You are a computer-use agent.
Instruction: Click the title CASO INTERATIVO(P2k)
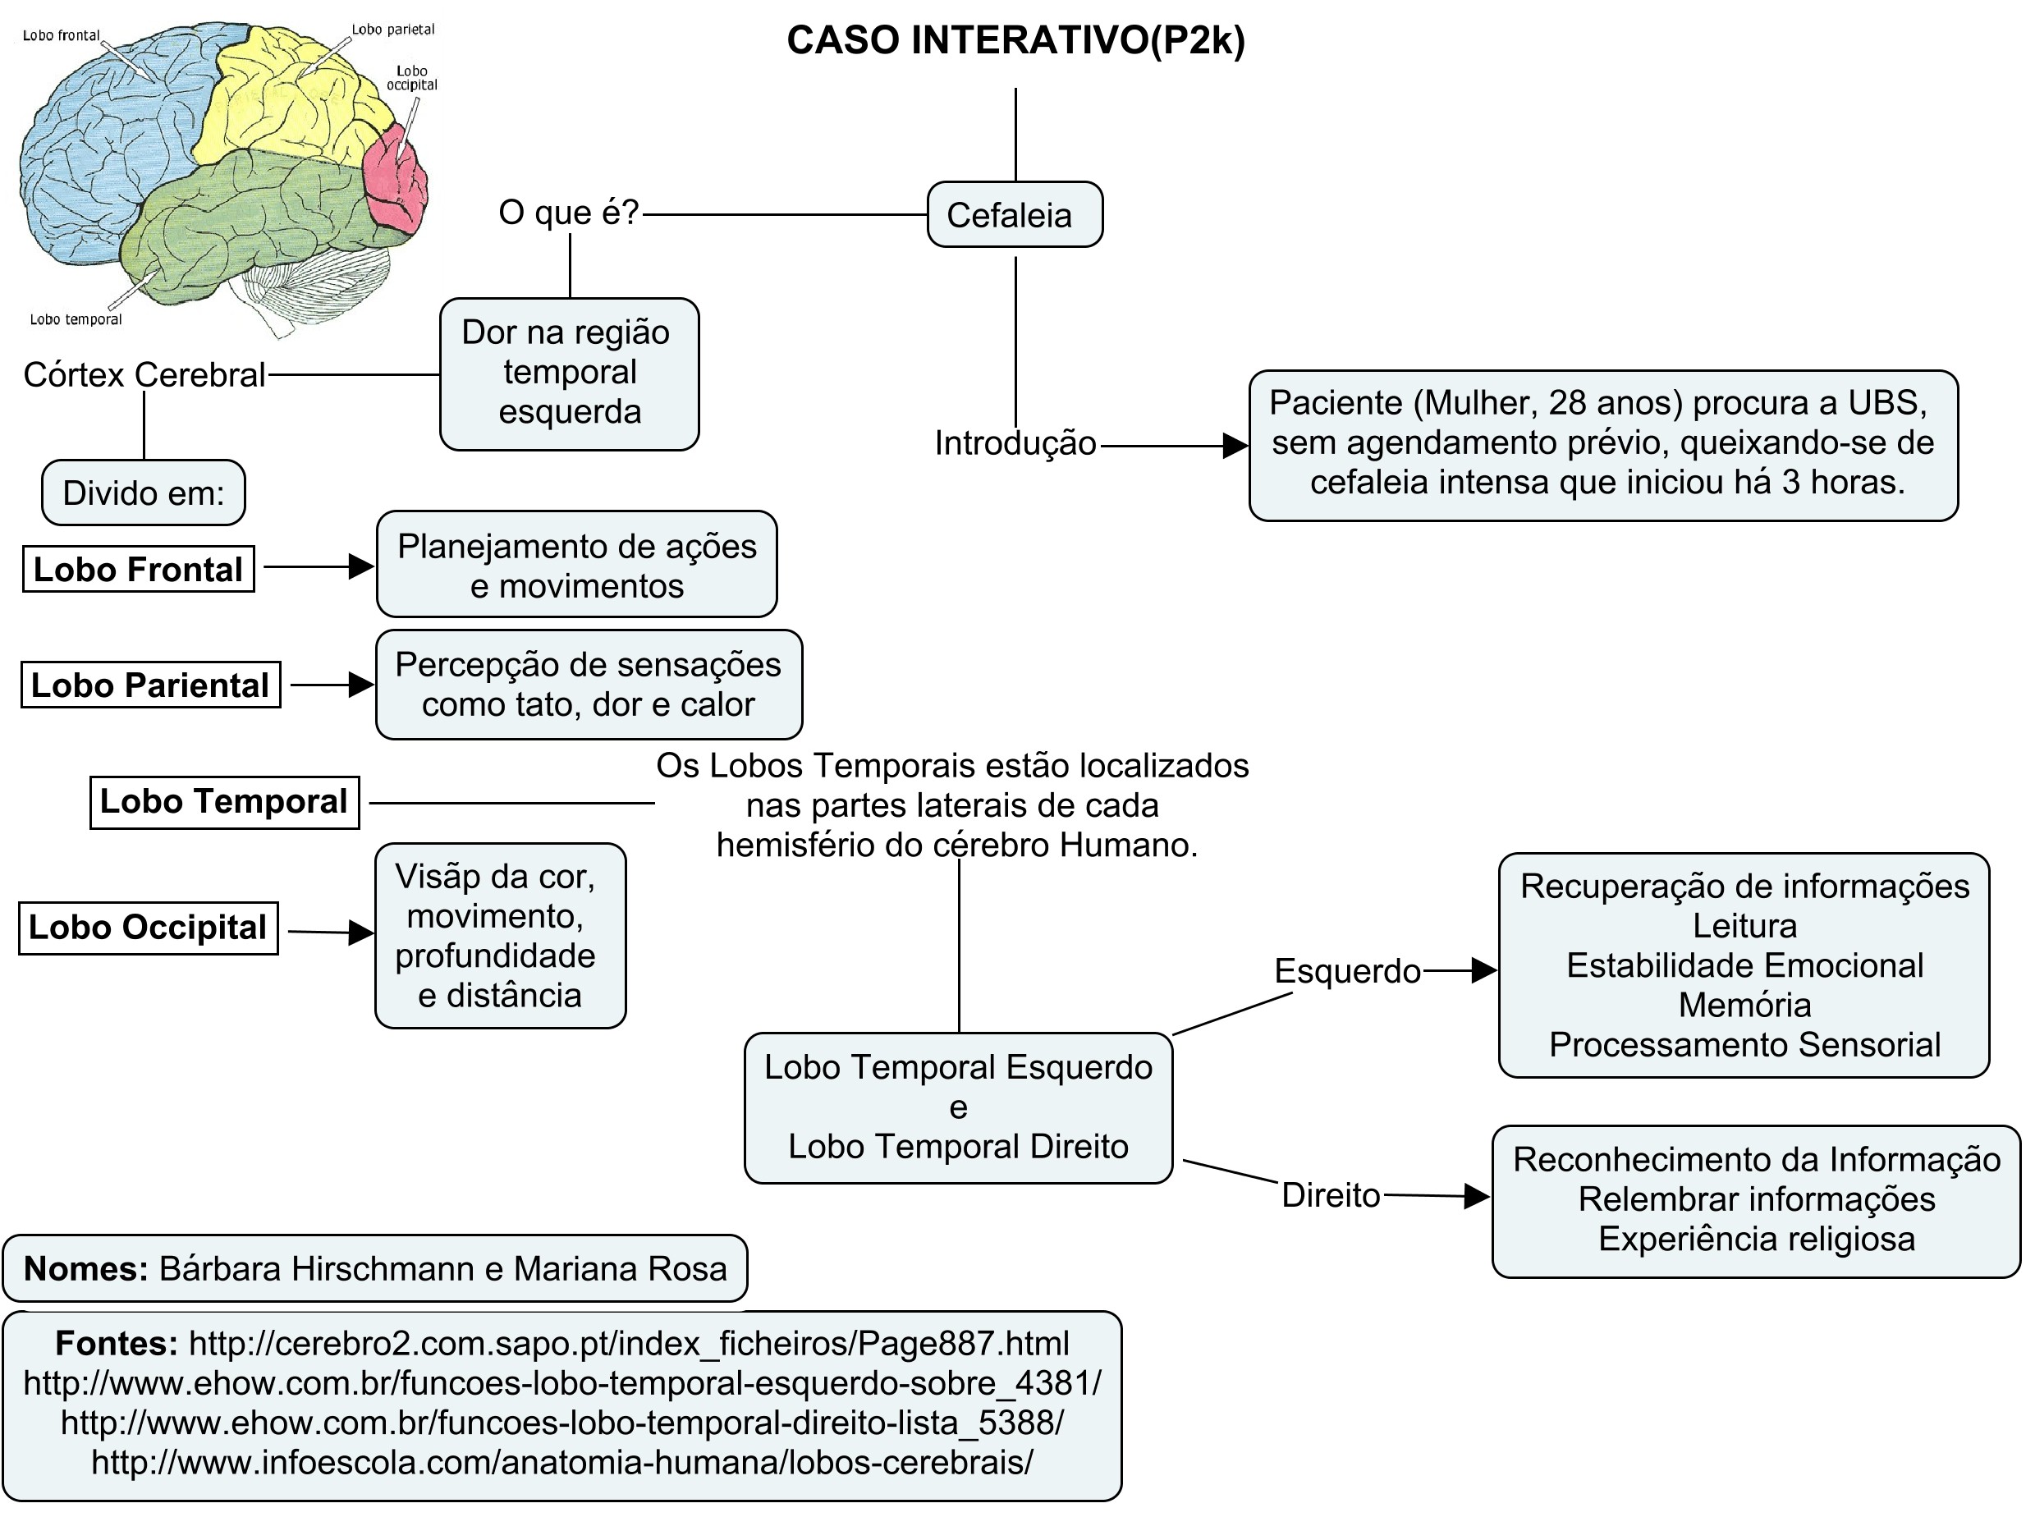tap(1015, 41)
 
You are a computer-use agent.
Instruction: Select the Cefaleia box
tap(1014, 215)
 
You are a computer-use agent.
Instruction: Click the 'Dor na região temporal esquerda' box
tap(570, 373)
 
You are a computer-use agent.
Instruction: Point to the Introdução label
tap(1015, 443)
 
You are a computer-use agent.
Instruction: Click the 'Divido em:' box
tap(144, 493)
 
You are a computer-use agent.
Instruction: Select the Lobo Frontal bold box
tap(139, 570)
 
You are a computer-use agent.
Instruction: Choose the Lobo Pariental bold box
tap(150, 685)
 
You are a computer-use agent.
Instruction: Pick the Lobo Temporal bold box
tap(224, 802)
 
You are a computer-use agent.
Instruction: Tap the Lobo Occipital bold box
tap(148, 928)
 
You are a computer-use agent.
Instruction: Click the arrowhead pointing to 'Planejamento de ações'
tap(362, 566)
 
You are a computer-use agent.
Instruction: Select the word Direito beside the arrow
tap(1331, 1195)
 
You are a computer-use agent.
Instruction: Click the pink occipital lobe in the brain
tap(395, 179)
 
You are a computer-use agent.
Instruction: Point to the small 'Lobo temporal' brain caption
tap(76, 319)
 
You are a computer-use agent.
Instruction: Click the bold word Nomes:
tap(85, 1269)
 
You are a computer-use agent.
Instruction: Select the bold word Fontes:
tap(117, 1345)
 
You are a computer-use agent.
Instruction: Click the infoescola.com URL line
tap(562, 1462)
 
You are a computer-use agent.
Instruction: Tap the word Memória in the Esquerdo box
tap(1744, 1006)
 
